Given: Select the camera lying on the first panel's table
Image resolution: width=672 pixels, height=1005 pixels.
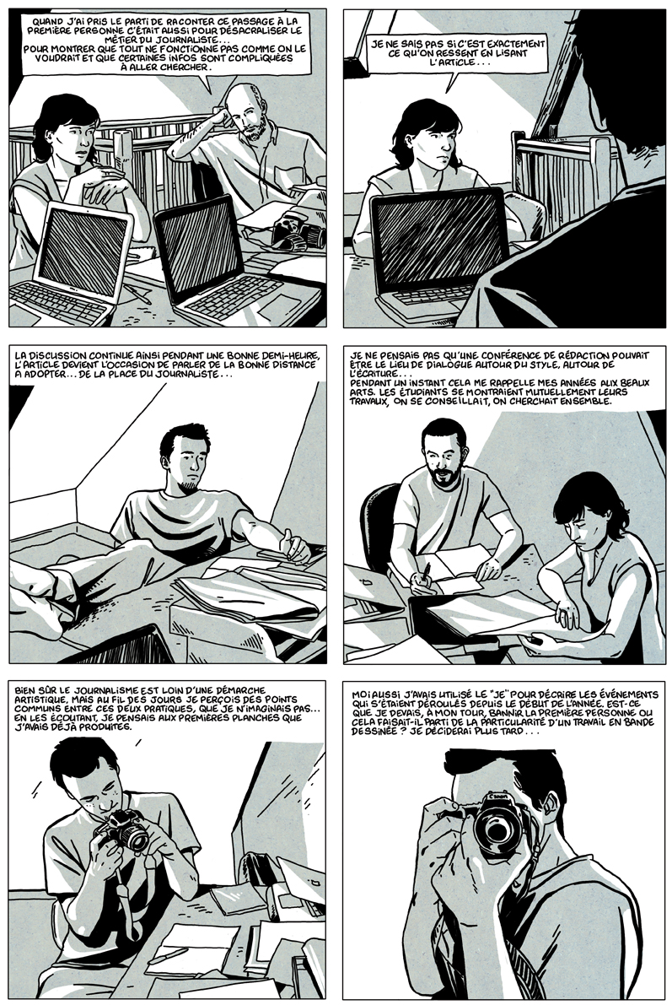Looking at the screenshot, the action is (x=297, y=233).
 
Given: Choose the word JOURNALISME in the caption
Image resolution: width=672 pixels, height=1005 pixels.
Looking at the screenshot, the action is (x=97, y=691).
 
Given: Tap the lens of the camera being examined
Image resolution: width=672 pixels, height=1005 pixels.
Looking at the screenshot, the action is (x=134, y=835).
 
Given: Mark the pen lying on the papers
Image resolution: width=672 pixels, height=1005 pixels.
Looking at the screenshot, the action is (x=169, y=955).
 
